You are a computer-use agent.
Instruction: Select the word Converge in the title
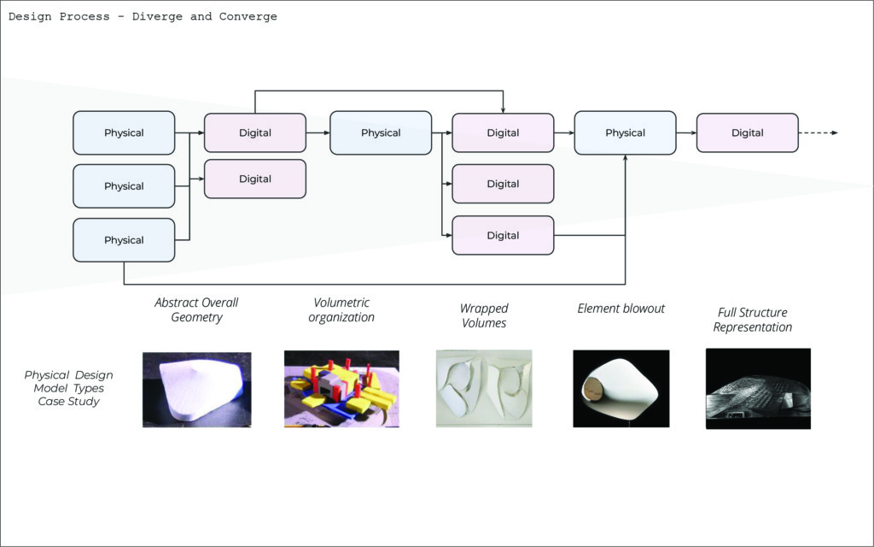coord(248,17)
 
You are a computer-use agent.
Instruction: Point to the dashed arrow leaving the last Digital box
coord(819,132)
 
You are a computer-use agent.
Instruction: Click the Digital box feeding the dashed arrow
coord(747,133)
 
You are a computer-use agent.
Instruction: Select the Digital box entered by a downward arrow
coord(503,133)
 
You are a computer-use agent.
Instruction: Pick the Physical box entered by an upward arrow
coord(625,133)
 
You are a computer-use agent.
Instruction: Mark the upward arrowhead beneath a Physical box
coord(626,159)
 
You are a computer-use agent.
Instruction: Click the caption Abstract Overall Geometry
coord(196,310)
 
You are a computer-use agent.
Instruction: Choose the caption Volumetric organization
coord(341,310)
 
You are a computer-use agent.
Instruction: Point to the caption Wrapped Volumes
coord(484,315)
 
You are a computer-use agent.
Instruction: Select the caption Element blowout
coord(621,309)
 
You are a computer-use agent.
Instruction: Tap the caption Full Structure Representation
coord(753,320)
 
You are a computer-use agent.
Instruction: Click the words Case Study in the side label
coord(68,402)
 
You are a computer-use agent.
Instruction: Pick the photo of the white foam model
coord(197,389)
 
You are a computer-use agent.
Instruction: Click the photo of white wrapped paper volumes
coord(483,389)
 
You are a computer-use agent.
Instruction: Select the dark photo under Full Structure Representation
coord(758,389)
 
